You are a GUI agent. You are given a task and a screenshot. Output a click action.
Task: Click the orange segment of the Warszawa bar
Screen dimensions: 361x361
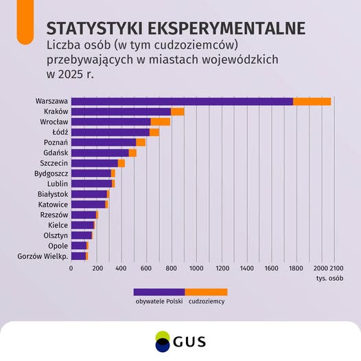pyautogui.click(x=312, y=102)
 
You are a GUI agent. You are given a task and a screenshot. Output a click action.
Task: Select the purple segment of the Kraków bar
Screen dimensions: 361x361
pyautogui.click(x=121, y=112)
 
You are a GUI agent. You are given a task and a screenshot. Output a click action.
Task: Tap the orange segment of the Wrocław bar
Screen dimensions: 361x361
pyautogui.click(x=161, y=122)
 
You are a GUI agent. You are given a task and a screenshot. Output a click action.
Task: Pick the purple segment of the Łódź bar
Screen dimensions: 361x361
pyautogui.click(x=110, y=132)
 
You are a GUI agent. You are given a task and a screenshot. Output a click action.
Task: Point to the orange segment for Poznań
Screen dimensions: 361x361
pyautogui.click(x=141, y=143)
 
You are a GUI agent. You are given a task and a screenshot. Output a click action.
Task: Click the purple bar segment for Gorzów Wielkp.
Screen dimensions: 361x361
pyautogui.click(x=78, y=256)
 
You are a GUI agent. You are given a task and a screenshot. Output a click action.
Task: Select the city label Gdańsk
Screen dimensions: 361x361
pyautogui.click(x=56, y=153)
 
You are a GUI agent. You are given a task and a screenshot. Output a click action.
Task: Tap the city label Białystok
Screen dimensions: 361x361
pyautogui.click(x=53, y=194)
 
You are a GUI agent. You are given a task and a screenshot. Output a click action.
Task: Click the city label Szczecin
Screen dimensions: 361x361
pyautogui.click(x=54, y=163)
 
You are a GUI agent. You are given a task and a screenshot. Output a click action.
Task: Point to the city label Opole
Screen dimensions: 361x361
pyautogui.click(x=58, y=246)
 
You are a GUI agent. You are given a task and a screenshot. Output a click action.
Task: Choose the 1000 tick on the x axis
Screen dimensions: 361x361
pyautogui.click(x=196, y=268)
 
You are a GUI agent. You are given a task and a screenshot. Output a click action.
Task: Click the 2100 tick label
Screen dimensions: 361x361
pyautogui.click(x=337, y=268)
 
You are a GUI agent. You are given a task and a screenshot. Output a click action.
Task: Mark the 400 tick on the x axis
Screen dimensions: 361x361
pyautogui.click(x=121, y=268)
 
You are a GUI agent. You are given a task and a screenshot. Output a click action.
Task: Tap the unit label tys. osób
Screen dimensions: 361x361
pyautogui.click(x=329, y=279)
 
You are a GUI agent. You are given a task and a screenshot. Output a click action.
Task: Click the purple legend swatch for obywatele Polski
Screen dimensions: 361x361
pyautogui.click(x=159, y=292)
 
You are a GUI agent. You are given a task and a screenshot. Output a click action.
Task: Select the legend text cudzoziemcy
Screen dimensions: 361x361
pyautogui.click(x=207, y=301)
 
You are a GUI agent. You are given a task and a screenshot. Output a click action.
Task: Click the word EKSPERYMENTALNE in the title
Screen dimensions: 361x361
pyautogui.click(x=226, y=28)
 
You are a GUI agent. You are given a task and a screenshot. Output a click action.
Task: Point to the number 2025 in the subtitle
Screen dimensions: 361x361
pyautogui.click(x=70, y=74)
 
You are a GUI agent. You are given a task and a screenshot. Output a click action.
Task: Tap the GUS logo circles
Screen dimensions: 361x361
pyautogui.click(x=163, y=341)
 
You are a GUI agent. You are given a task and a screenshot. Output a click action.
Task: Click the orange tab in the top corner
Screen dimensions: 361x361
pyautogui.click(x=25, y=22)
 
